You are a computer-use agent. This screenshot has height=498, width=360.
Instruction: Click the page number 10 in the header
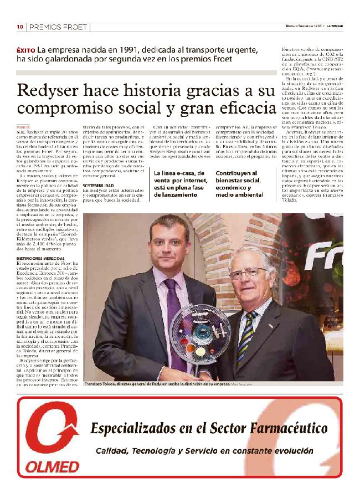coord(19,27)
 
